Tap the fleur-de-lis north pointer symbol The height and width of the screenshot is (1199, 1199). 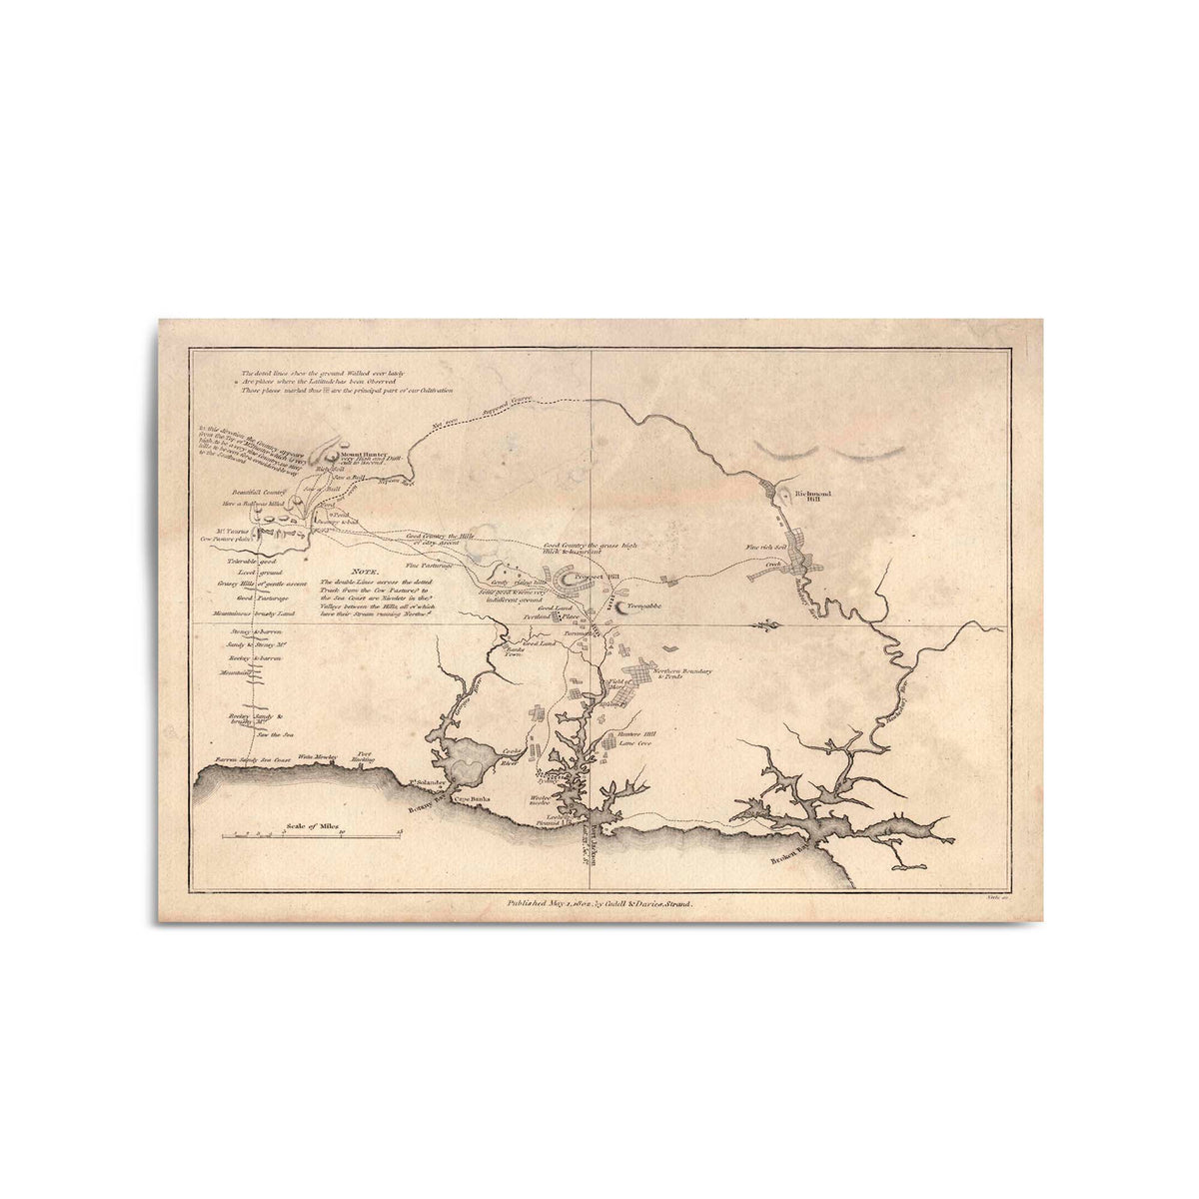pyautogui.click(x=766, y=625)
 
